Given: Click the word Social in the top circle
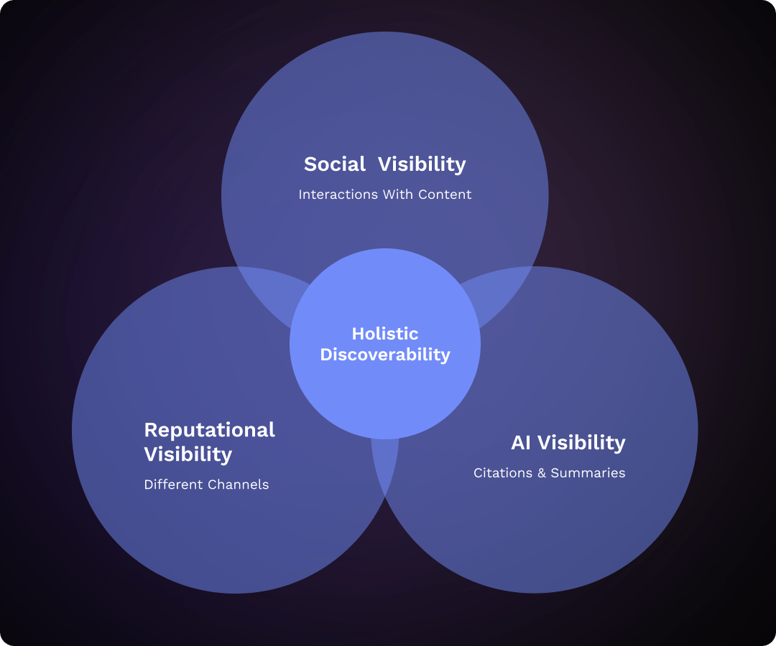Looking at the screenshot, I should click(x=335, y=164).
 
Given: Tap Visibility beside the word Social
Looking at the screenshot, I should click(x=422, y=164).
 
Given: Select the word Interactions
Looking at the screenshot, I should click(x=332, y=195).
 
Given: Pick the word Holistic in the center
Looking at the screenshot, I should click(x=385, y=334).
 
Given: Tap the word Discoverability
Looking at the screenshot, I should click(x=385, y=355).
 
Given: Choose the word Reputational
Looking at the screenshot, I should click(x=209, y=430).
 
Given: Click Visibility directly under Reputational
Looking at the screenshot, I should click(x=188, y=454).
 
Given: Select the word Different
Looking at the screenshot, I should click(x=173, y=484).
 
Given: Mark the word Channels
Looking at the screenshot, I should click(x=238, y=484).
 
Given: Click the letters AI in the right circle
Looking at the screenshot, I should click(x=521, y=443).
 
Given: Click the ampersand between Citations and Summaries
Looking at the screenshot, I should click(x=542, y=473).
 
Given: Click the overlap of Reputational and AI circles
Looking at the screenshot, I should click(x=385, y=459).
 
